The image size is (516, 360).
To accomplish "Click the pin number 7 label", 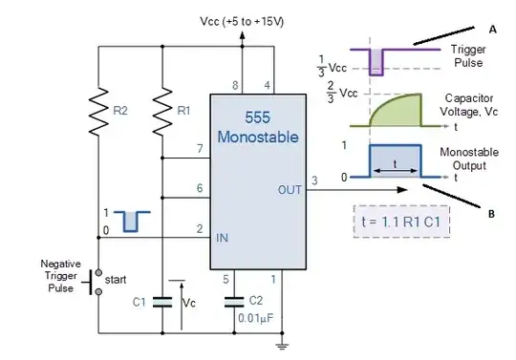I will [x=199, y=148].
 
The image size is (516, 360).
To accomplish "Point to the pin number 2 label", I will [x=199, y=227].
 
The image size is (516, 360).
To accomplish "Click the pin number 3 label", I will [x=314, y=180].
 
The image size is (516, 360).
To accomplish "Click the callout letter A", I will [x=493, y=30].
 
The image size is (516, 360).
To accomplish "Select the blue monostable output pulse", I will [x=394, y=162].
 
